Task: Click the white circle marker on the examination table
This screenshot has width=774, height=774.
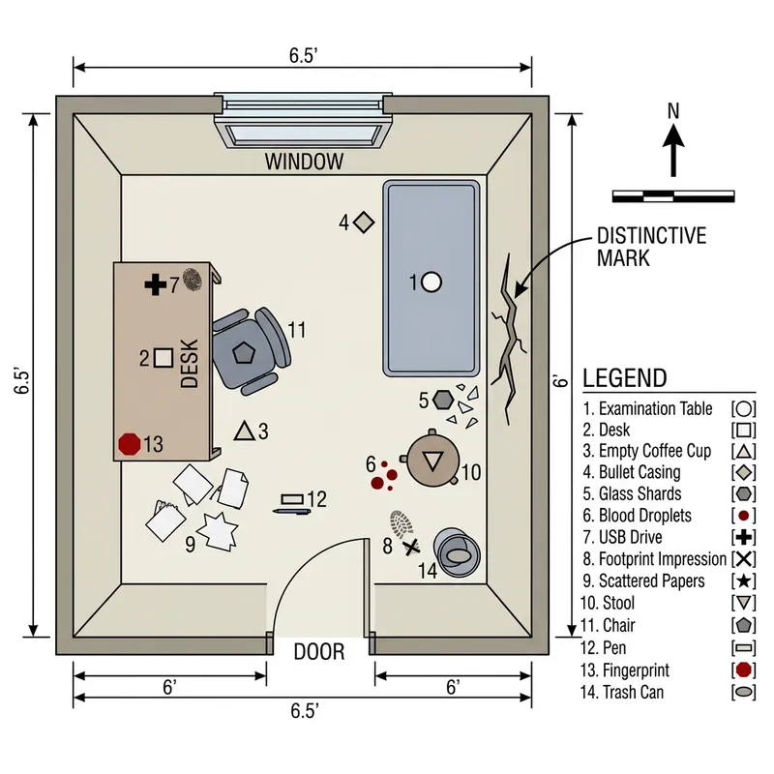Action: click(432, 283)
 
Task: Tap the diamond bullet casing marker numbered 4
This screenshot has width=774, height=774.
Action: click(364, 223)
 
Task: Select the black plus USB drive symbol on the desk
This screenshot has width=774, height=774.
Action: click(155, 284)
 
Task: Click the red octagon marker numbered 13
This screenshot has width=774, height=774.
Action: click(129, 444)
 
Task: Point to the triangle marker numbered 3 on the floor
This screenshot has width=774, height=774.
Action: click(244, 432)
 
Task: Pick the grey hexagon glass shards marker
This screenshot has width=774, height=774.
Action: click(444, 399)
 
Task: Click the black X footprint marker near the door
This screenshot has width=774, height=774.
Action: click(412, 548)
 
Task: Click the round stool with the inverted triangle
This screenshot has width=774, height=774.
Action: click(432, 461)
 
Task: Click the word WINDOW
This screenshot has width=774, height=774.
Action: click(304, 162)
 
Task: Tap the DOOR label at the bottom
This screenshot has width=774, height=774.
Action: click(318, 652)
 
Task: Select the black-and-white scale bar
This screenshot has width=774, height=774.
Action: click(673, 196)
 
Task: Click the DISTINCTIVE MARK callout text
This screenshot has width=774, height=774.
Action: click(651, 247)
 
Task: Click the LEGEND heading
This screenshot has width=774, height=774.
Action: click(624, 378)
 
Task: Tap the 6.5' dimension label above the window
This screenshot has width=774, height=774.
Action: click(303, 55)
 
